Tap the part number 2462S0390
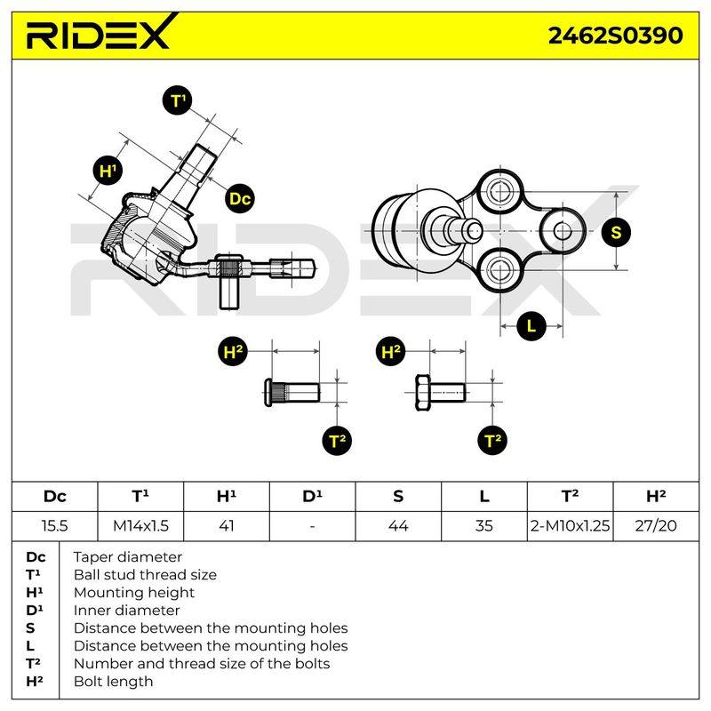pyautogui.click(x=615, y=36)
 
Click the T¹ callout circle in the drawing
pyautogui.click(x=177, y=100)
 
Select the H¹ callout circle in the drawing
pyautogui.click(x=108, y=171)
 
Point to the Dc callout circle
pyautogui.click(x=240, y=198)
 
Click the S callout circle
pyautogui.click(x=616, y=232)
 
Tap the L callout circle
pyautogui.click(x=531, y=325)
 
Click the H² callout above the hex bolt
pyautogui.click(x=391, y=352)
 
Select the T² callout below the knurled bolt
pyautogui.click(x=337, y=440)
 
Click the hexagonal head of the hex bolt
pyautogui.click(x=423, y=393)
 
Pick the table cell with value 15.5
pyautogui.click(x=55, y=526)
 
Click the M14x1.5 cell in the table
pyautogui.click(x=140, y=526)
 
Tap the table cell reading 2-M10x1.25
pyautogui.click(x=570, y=526)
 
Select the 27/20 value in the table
pyautogui.click(x=656, y=526)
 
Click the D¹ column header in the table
pyautogui.click(x=313, y=497)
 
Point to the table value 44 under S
pyautogui.click(x=398, y=526)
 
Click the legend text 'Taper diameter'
pyautogui.click(x=127, y=557)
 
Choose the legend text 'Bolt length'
pyautogui.click(x=114, y=682)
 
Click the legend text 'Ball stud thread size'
pyautogui.click(x=145, y=575)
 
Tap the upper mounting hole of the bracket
pyautogui.click(x=499, y=192)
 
